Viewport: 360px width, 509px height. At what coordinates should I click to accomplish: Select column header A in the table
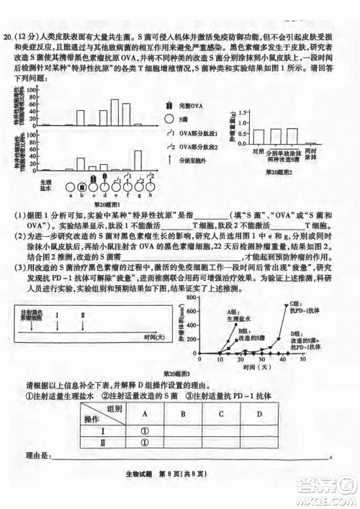pyautogui.click(x=143, y=414)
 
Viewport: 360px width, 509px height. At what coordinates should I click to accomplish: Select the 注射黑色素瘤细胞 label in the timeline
pyautogui.click(x=32, y=315)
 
